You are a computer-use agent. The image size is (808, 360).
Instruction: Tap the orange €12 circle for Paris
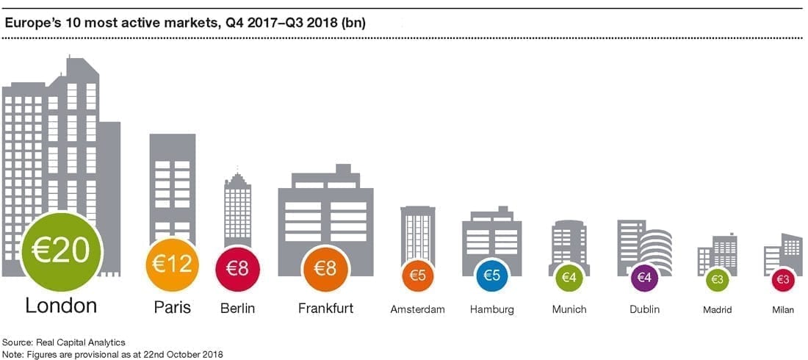coord(173,264)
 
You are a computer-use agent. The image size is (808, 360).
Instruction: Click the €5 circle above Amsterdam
coord(418,276)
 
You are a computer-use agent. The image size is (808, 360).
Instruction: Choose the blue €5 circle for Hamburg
coord(491,276)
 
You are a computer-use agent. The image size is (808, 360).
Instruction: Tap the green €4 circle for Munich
coord(569,278)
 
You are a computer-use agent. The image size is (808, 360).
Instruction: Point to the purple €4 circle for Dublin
coord(644,278)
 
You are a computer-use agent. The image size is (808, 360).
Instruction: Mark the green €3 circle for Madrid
coord(717,280)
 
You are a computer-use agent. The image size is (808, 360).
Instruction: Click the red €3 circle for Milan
coord(782,280)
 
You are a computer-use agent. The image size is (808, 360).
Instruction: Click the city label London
coord(61,306)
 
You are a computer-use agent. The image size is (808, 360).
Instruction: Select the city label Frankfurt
coord(325,309)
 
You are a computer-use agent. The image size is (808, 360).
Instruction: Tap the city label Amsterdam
coord(418,309)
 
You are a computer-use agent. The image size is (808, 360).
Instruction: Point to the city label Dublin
coord(644,309)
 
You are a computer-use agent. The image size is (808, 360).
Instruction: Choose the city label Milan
coord(782,310)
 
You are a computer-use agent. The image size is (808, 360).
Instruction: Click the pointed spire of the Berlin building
coord(237,176)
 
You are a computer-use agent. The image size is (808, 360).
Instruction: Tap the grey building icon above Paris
coord(173,184)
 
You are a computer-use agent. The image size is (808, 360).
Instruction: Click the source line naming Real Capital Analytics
coord(65,342)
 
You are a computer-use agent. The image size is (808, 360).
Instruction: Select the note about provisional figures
coord(112,353)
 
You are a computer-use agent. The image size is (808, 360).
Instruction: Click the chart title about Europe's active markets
coord(185,23)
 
